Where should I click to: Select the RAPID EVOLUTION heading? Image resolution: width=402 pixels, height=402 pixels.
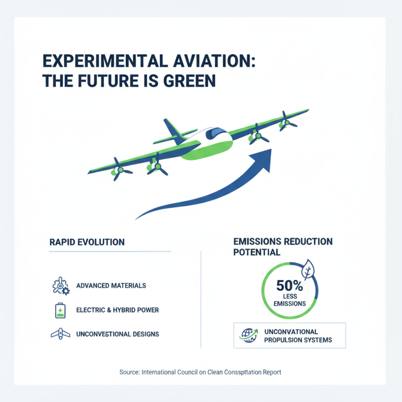87,242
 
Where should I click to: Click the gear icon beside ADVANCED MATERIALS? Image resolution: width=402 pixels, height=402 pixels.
60,285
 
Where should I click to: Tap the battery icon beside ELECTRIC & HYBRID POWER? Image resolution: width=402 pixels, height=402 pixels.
60,311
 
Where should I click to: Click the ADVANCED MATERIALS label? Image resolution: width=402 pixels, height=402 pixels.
111,285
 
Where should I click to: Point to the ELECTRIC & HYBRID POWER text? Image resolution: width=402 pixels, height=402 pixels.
118,310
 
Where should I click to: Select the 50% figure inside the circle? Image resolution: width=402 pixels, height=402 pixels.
289,286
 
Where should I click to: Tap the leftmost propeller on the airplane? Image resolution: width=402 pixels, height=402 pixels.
119,169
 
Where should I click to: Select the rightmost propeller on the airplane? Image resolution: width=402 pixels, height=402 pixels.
287,121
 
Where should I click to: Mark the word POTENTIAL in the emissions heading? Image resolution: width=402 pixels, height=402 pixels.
256,252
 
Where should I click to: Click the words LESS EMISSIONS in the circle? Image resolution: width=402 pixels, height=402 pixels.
290,299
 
